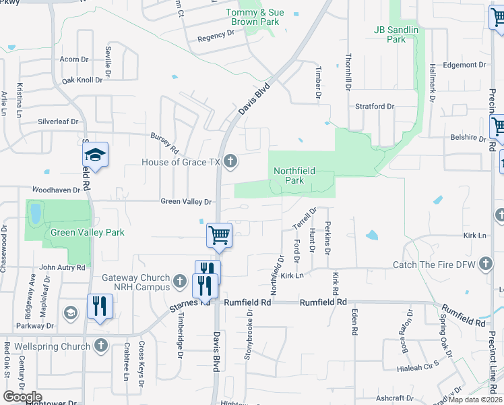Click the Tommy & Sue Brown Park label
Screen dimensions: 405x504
point(255,17)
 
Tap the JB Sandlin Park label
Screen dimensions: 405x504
point(396,34)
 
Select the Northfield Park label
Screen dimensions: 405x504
point(294,176)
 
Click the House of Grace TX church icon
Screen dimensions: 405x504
point(230,161)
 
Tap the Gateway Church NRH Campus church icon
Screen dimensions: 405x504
point(179,280)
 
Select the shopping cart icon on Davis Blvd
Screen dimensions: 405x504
point(219,236)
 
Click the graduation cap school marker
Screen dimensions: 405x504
point(96,155)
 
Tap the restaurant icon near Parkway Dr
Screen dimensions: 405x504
point(100,306)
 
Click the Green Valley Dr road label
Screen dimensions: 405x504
point(186,201)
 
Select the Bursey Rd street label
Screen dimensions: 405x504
point(164,142)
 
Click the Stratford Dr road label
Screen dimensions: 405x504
point(375,107)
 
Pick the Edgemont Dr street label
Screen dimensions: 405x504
point(460,65)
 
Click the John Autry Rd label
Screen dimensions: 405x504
point(62,267)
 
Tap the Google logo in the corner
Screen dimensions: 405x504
point(22,397)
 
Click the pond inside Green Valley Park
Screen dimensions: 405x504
point(34,213)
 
